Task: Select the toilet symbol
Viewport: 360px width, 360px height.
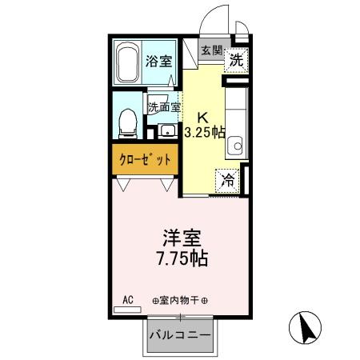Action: click(126, 121)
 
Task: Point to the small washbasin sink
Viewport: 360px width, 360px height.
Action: click(169, 130)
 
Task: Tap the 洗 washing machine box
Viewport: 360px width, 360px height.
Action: click(237, 59)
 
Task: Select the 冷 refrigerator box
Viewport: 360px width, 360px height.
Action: click(229, 180)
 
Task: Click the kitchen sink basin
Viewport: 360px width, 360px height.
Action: click(236, 146)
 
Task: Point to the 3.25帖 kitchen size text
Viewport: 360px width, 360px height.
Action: click(205, 132)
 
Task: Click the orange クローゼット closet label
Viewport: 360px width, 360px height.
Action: click(145, 159)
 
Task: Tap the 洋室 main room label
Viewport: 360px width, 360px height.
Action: click(182, 239)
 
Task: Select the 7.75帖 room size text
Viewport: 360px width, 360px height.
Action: click(182, 259)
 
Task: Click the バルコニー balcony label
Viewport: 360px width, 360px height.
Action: click(180, 334)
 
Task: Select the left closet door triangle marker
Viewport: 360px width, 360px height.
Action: click(123, 184)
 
